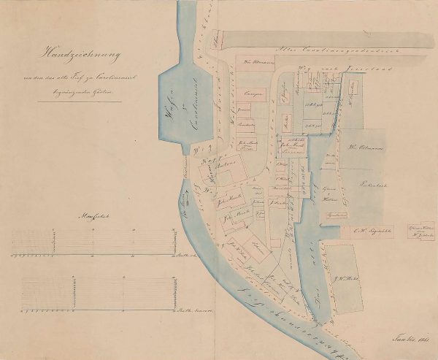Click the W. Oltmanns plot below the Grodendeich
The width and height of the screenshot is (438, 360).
pos(252,61)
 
